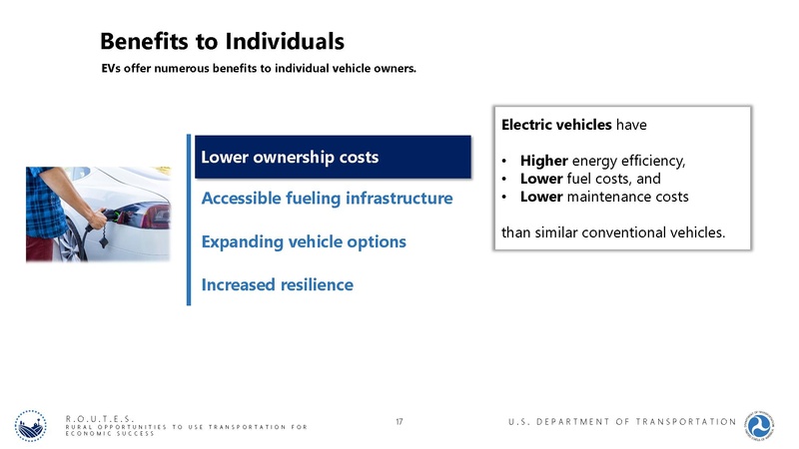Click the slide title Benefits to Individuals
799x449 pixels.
[222, 41]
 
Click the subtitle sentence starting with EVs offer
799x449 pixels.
[258, 70]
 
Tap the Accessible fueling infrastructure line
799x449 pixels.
[327, 199]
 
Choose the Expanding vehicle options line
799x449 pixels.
[304, 242]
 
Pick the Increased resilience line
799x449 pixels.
[277, 285]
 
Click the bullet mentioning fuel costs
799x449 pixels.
[590, 179]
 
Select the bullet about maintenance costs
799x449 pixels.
[603, 197]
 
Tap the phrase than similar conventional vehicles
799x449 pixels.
[612, 233]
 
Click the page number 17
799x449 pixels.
[399, 423]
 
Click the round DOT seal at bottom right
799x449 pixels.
[764, 422]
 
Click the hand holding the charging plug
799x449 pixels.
[95, 217]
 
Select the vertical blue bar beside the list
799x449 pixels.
[188, 220]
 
